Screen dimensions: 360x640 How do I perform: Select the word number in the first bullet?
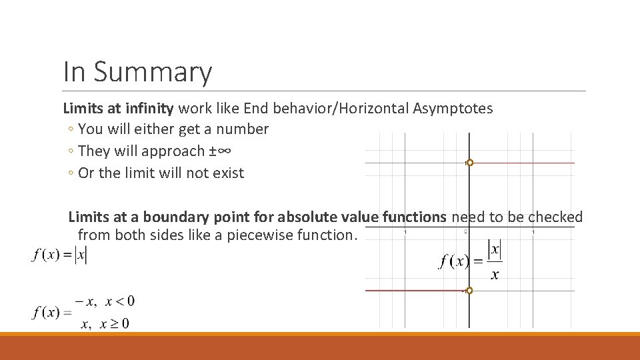[242, 129]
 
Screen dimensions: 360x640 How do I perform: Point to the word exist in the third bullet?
[227, 173]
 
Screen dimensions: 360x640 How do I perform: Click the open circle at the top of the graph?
[469, 163]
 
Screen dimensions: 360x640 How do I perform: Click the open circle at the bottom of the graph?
[469, 291]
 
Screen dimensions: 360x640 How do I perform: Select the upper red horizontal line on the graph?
[523, 163]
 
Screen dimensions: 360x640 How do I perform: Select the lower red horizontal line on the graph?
[413, 291]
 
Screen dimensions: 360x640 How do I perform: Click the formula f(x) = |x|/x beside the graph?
[471, 261]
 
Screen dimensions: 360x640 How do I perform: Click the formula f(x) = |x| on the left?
[59, 254]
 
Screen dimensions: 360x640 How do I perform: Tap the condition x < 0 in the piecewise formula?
[120, 301]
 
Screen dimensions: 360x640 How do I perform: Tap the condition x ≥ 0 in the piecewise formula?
[115, 324]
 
